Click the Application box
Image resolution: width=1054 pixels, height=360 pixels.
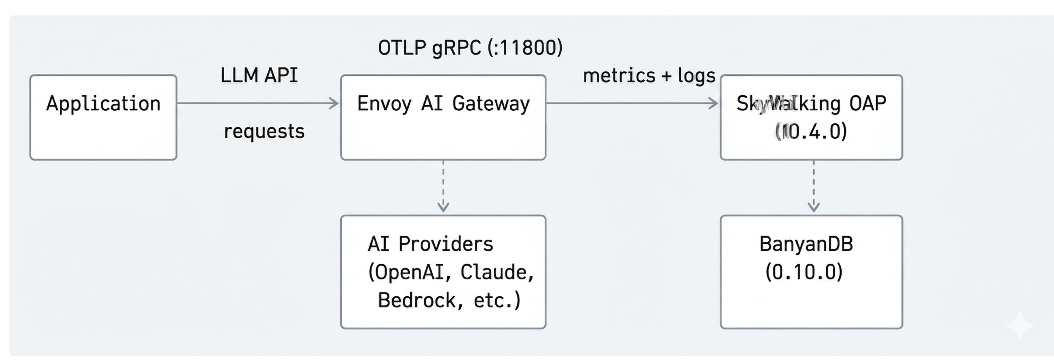tap(103, 117)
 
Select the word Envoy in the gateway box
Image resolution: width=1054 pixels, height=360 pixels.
tap(384, 103)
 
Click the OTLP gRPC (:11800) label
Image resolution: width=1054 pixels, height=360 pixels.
tap(470, 48)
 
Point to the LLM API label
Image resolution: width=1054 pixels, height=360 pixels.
tap(259, 76)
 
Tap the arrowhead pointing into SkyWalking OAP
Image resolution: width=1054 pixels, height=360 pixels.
tap(714, 103)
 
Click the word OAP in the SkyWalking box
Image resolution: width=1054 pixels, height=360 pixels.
tap(867, 103)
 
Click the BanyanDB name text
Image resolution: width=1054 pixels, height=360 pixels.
tap(806, 244)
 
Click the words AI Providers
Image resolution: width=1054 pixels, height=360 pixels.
tap(431, 244)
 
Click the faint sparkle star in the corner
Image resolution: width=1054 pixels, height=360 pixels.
tap(1020, 326)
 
